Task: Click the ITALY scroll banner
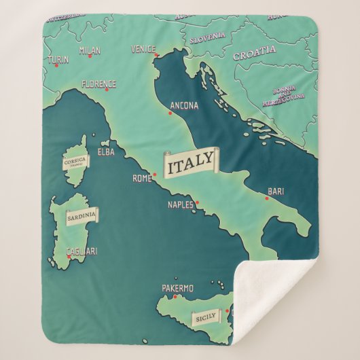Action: pyautogui.click(x=191, y=163)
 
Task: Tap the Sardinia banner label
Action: pyautogui.click(x=82, y=216)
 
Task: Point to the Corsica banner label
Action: pyautogui.click(x=75, y=162)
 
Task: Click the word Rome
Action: pyautogui.click(x=141, y=179)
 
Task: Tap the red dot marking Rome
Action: pyautogui.click(x=154, y=174)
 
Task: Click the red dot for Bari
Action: pyautogui.click(x=266, y=198)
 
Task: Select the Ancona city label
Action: pyautogui.click(x=184, y=106)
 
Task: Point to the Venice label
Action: pyautogui.click(x=143, y=49)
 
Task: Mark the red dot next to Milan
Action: pyautogui.click(x=89, y=56)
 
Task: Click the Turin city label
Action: pyautogui.click(x=58, y=60)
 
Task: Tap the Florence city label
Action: pyautogui.click(x=98, y=84)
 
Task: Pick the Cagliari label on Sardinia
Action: pyautogui.click(x=82, y=251)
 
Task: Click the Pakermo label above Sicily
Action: pyautogui.click(x=178, y=289)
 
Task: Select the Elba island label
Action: pyautogui.click(x=106, y=152)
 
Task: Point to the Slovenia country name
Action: pyautogui.click(x=207, y=39)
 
